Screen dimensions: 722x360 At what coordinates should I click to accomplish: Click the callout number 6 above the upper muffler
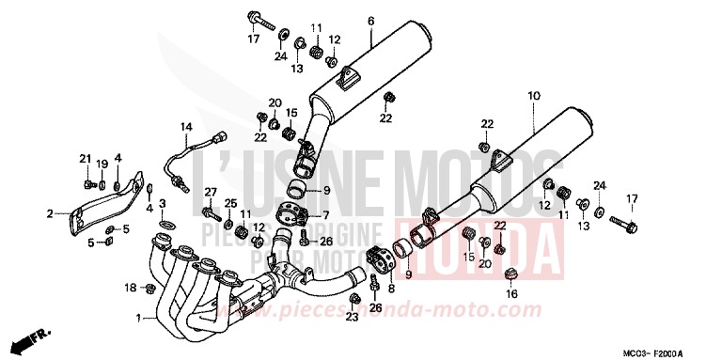[x=370, y=21]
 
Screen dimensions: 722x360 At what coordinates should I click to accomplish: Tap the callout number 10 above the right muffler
[x=534, y=96]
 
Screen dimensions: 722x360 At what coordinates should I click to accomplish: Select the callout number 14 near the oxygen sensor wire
[x=185, y=127]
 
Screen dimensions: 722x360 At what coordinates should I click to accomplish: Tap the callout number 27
[x=212, y=192]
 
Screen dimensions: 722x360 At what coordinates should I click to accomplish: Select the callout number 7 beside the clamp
[x=326, y=215]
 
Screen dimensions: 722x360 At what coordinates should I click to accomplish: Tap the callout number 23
[x=352, y=318]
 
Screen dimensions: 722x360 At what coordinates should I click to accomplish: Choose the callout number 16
[x=511, y=293]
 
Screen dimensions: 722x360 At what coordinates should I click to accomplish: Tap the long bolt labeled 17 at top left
[x=264, y=20]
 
